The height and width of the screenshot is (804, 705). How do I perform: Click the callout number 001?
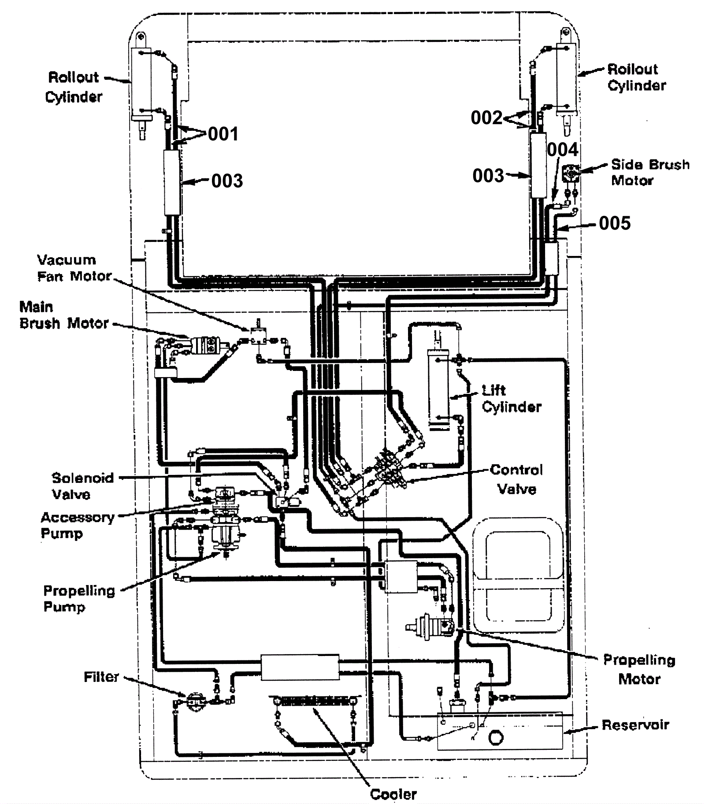tap(223, 134)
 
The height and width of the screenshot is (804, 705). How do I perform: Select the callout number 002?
tap(486, 118)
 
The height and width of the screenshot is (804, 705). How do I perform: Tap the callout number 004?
tap(562, 150)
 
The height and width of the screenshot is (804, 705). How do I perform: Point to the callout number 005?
tap(615, 223)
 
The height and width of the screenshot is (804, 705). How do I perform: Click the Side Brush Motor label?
tap(649, 172)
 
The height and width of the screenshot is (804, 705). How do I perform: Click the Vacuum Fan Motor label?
tap(74, 268)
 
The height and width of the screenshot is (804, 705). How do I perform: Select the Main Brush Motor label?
tap(64, 315)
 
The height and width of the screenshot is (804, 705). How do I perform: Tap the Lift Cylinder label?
tap(511, 398)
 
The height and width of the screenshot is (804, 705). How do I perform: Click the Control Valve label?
tap(516, 479)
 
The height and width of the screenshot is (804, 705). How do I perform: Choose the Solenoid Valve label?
tap(82, 486)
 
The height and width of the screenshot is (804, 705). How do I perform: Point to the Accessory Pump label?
tap(77, 525)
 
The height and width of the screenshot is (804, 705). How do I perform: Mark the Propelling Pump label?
tap(79, 598)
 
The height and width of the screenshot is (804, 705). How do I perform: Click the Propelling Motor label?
tap(639, 669)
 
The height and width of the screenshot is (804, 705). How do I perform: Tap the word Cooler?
tap(393, 794)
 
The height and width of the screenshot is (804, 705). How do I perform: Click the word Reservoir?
tap(635, 725)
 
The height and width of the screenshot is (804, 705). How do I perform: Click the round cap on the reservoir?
tap(496, 737)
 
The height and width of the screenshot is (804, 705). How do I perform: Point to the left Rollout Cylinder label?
tap(74, 87)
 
